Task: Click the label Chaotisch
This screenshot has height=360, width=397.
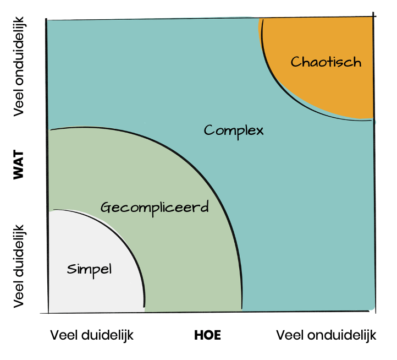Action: [x=326, y=62]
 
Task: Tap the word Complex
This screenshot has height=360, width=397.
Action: [x=234, y=131]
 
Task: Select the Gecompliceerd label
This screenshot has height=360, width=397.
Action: [x=155, y=208]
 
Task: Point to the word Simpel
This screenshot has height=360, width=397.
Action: [x=89, y=269]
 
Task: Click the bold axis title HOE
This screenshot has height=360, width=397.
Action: [x=207, y=335]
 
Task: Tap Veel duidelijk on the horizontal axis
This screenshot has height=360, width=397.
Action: [x=92, y=335]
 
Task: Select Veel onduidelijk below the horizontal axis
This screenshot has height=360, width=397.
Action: [x=326, y=335]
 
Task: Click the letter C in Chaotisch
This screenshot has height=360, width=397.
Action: [x=295, y=62]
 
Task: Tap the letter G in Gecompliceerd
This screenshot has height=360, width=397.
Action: [x=106, y=208]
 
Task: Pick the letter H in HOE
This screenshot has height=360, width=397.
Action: [x=198, y=335]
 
